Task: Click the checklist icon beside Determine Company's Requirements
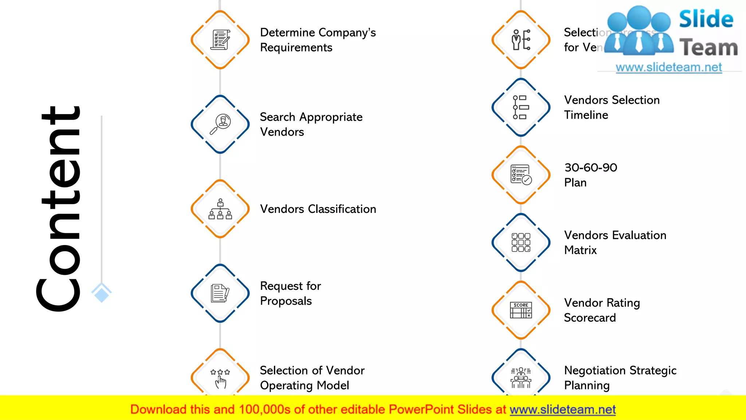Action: tap(220, 40)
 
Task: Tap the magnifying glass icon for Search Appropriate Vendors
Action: tap(220, 124)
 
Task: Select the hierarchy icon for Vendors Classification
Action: tap(220, 209)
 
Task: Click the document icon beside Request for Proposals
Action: tap(220, 293)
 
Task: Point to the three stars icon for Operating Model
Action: tap(220, 378)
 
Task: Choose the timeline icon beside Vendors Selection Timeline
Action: tap(521, 107)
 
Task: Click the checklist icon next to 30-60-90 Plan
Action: tap(521, 175)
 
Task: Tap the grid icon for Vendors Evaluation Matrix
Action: tap(521, 242)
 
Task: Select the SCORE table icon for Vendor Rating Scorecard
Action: tap(521, 310)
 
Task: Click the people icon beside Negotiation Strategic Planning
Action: tap(521, 378)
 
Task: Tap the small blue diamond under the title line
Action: tap(101, 293)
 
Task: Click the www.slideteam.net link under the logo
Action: tap(669, 67)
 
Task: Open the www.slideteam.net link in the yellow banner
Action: tap(562, 409)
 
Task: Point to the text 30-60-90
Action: tap(591, 167)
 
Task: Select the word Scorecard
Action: tap(590, 318)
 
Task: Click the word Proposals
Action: tap(286, 301)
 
